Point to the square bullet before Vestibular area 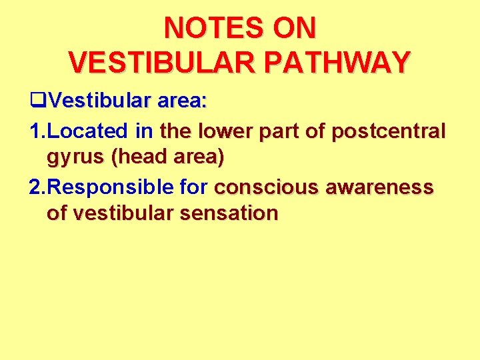(37, 102)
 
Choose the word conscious (266, 187)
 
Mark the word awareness (379, 187)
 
